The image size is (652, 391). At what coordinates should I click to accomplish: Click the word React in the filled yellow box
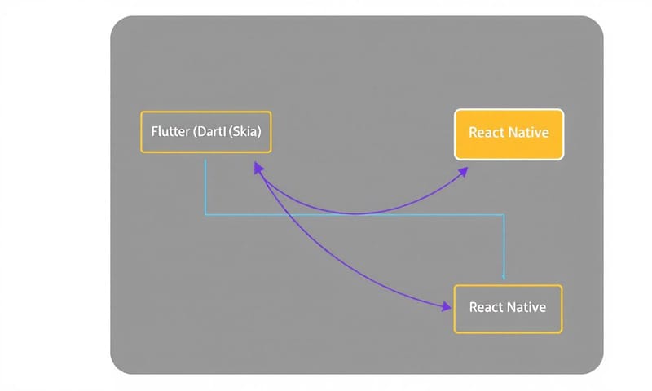tap(487, 133)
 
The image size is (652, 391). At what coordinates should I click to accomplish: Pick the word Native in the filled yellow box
tap(528, 133)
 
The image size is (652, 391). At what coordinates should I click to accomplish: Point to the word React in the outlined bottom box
tap(487, 308)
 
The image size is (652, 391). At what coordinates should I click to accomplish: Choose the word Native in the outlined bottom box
tap(526, 308)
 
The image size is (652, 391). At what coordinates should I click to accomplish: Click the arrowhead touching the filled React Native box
tap(463, 170)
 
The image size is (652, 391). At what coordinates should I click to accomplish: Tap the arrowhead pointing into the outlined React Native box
tap(446, 307)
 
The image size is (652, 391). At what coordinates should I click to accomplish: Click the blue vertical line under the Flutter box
tap(205, 187)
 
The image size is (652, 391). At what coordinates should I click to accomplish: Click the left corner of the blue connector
tap(205, 215)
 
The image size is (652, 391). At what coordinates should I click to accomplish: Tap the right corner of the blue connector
tap(504, 215)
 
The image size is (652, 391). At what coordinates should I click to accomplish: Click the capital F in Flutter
tap(155, 132)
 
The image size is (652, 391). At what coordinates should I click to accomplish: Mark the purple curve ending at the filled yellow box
tap(359, 214)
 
